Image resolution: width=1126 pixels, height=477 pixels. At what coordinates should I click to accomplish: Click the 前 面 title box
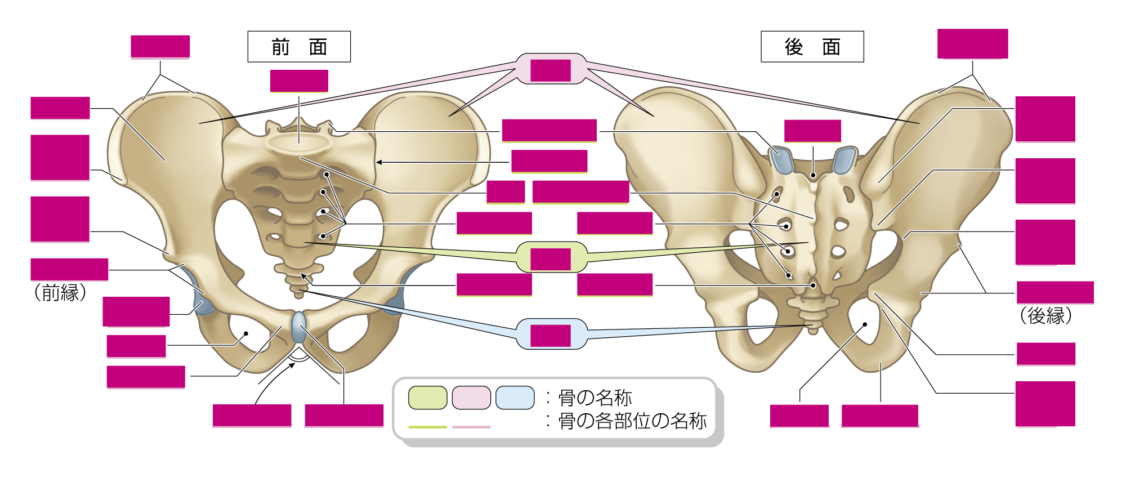pos(299,47)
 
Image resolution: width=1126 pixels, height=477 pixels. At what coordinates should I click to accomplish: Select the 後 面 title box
pos(812,47)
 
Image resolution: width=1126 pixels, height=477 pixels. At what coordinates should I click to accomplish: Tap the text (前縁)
pos(60,292)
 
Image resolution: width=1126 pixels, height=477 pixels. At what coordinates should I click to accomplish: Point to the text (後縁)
pos(1045,315)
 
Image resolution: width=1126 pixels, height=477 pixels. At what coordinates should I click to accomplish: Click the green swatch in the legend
pos(428,398)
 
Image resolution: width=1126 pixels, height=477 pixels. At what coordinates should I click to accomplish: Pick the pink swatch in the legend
pos(472,398)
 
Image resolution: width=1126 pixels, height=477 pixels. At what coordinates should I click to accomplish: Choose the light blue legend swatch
pos(515,398)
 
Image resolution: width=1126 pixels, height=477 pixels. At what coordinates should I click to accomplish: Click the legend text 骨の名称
pos(595,398)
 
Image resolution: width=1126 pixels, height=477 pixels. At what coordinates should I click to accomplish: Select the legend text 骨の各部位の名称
pos(632,421)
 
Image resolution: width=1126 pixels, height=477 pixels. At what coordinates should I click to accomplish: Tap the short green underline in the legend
pos(428,427)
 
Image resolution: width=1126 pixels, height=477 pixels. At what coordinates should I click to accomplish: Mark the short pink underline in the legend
pos(472,427)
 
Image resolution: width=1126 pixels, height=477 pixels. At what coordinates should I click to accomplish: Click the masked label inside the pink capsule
pos(551,70)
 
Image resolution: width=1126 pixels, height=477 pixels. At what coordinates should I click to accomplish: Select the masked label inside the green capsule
pos(551,259)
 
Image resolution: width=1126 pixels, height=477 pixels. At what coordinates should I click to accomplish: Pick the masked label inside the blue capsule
pos(551,336)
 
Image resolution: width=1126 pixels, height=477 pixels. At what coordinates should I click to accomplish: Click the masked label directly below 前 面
pos(299,81)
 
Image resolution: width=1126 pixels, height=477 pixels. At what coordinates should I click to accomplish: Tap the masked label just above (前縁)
pos(69,270)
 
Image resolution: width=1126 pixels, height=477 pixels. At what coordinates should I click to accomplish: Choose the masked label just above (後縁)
pos(1055,293)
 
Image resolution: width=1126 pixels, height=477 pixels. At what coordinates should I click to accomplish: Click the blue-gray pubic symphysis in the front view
pos(299,326)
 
